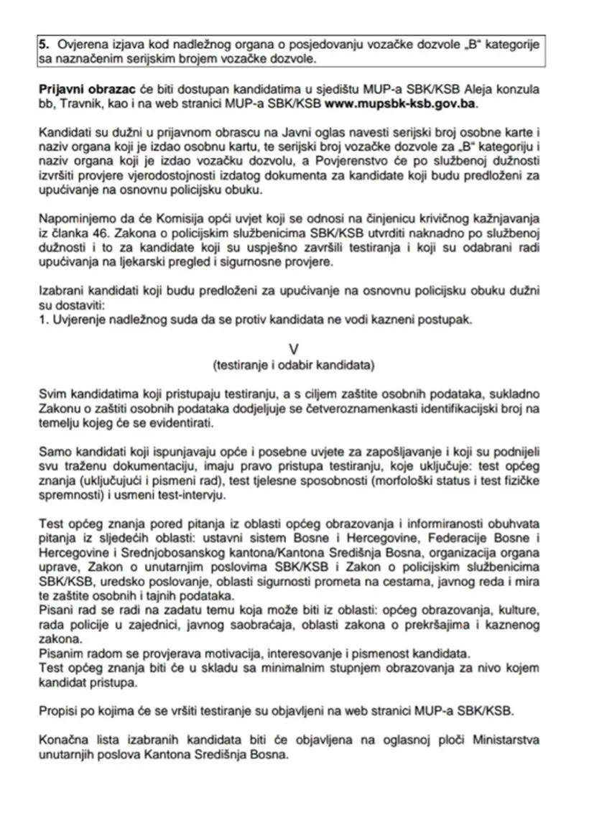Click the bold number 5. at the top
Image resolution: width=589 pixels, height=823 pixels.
(x=44, y=45)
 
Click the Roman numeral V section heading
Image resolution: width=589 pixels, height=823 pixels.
(x=293, y=348)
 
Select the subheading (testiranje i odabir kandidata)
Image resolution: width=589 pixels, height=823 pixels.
(x=293, y=364)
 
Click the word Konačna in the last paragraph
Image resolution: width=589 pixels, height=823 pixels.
(x=60, y=740)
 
